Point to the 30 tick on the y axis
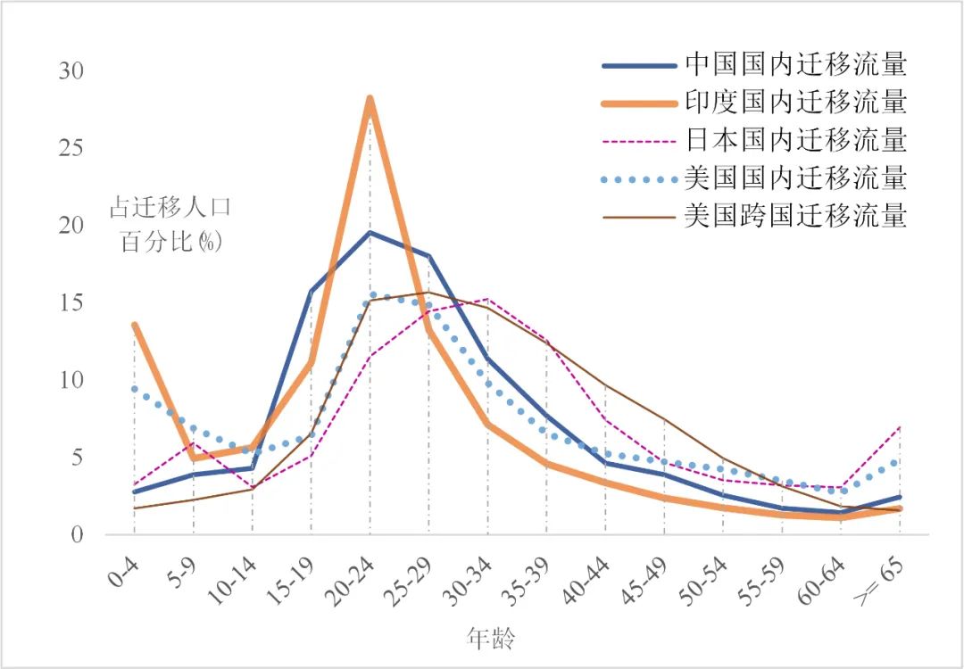(71, 70)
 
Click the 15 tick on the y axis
(71, 303)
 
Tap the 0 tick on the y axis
(78, 535)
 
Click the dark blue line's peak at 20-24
(370, 232)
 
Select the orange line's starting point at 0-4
(135, 325)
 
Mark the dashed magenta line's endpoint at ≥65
(900, 426)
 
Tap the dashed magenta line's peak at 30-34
(487, 299)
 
